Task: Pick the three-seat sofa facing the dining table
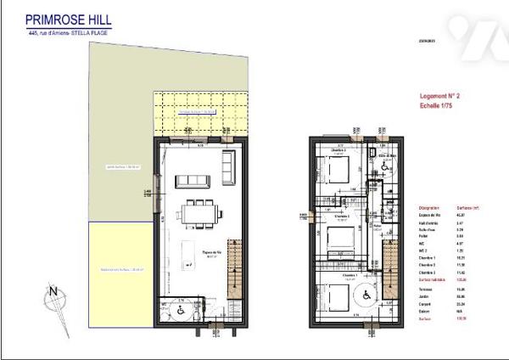pyautogui.click(x=190, y=180)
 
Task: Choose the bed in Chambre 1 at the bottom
pyautogui.click(x=335, y=297)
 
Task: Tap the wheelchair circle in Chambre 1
pyautogui.click(x=368, y=296)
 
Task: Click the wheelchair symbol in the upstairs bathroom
pyautogui.click(x=384, y=168)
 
